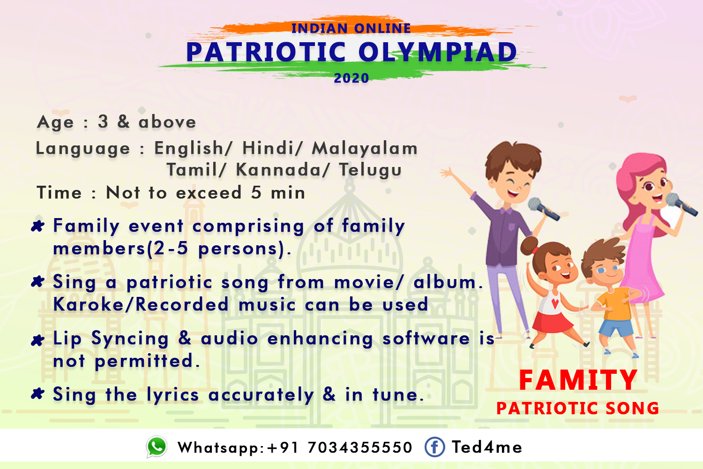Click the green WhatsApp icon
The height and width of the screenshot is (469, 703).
coord(156,446)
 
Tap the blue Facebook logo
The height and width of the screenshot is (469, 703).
coord(434,446)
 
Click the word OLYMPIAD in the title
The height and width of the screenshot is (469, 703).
coord(438,52)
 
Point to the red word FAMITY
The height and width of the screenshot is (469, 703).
coord(578,380)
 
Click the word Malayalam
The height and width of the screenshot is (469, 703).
coord(365,148)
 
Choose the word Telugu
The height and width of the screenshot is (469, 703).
coord(370,170)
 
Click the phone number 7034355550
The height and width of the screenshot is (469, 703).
coord(360,447)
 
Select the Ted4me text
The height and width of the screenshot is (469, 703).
coord(487,447)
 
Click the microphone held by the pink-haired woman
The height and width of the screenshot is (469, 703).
coord(681,204)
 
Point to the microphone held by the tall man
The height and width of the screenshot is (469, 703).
coord(543,209)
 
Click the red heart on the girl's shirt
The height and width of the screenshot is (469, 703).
coord(555,303)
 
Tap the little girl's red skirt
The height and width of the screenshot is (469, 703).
coord(552,322)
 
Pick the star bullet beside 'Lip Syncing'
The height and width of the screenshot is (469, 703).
coord(37,340)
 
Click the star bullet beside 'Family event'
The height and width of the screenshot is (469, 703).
coord(37,226)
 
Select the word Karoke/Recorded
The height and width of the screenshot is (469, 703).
coord(141,304)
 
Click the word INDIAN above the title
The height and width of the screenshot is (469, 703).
coord(320,28)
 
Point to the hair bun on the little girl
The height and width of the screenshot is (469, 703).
coord(528,246)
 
